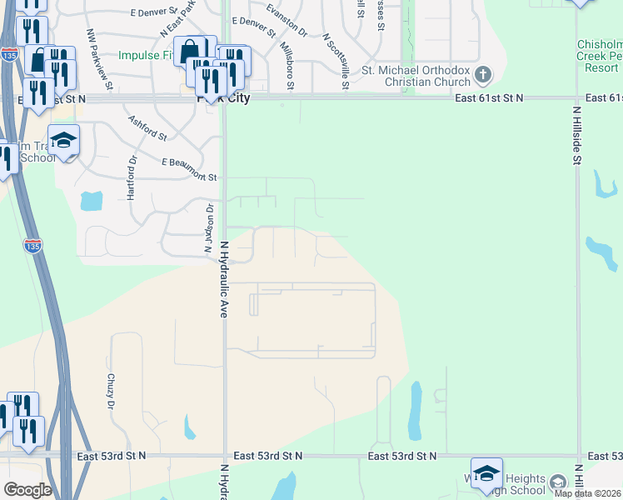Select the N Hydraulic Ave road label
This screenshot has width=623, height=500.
224,279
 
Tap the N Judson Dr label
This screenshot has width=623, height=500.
209,229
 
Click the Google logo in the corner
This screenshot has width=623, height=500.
27,490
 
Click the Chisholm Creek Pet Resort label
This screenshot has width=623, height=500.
599,55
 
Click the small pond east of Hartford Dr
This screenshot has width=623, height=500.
91,201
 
